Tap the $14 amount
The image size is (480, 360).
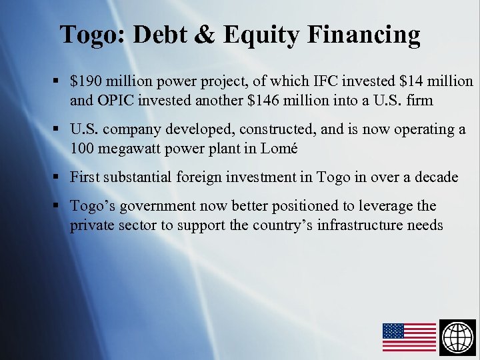391,81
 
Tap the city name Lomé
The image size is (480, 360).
277,148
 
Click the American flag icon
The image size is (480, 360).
409,337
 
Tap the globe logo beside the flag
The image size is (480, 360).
458,337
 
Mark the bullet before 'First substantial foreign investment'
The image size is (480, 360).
57,177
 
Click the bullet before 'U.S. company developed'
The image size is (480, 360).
57,129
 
